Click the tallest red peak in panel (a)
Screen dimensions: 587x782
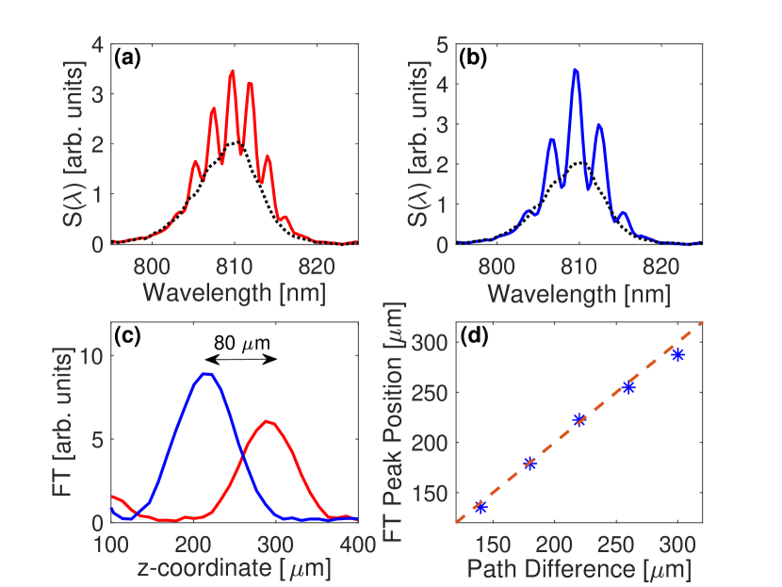click(x=232, y=72)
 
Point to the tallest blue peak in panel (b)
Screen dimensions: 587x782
click(x=575, y=70)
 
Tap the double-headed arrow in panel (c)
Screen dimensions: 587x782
click(x=240, y=361)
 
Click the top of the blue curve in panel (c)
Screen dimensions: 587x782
click(x=206, y=374)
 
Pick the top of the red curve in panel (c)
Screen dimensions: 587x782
click(x=269, y=421)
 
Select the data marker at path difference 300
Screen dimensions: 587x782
click(x=677, y=354)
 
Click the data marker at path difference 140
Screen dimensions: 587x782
click(x=481, y=507)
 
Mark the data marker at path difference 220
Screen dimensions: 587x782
click(x=579, y=420)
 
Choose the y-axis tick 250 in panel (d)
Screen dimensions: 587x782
click(x=432, y=388)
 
